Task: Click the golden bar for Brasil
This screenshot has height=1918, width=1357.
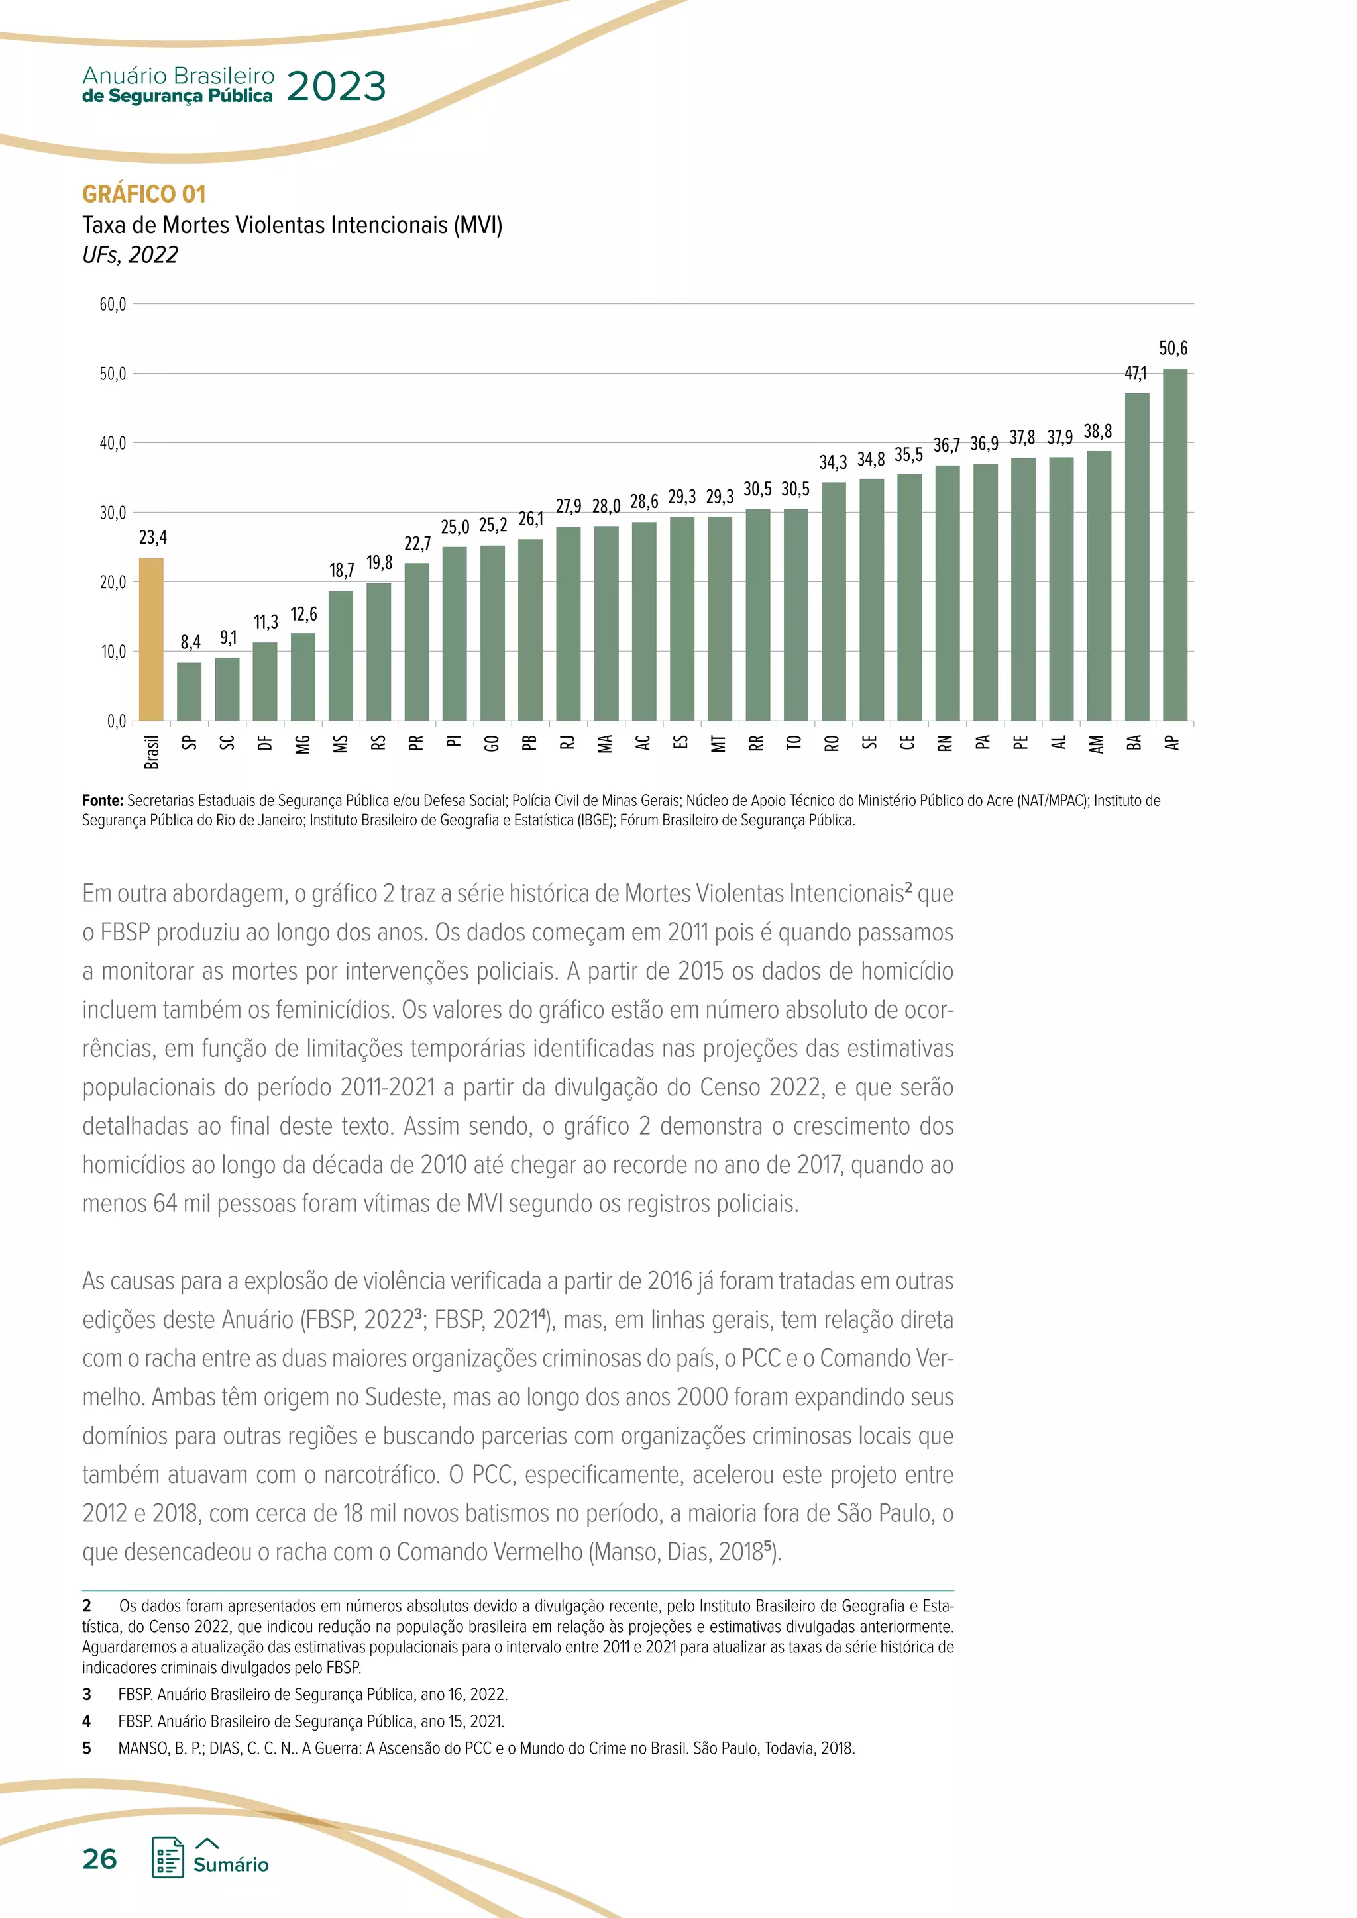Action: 151,639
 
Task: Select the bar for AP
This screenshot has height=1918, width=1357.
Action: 1174,544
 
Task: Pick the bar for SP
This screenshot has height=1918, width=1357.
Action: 190,691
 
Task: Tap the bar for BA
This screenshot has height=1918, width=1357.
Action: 1136,557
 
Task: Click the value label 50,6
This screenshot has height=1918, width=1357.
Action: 1173,348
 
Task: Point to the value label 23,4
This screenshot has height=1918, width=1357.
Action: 152,537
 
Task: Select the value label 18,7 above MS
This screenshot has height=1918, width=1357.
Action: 341,570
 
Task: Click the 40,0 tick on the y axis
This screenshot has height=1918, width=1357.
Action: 112,444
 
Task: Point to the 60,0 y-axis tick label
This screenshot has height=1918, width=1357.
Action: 112,305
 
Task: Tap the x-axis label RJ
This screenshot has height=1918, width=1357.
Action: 569,742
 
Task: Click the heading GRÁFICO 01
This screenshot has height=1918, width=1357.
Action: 144,195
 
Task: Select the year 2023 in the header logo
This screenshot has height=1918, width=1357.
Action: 336,87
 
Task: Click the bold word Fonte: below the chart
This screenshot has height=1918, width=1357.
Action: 102,800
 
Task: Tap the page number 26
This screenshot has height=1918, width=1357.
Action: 99,1858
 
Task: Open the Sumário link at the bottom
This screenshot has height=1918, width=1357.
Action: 231,1864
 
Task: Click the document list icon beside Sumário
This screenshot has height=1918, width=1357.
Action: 168,1858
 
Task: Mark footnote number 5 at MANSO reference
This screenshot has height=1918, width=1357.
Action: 87,1748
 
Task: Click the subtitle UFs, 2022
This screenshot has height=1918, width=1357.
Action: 131,255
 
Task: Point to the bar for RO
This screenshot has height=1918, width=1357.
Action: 833,601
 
